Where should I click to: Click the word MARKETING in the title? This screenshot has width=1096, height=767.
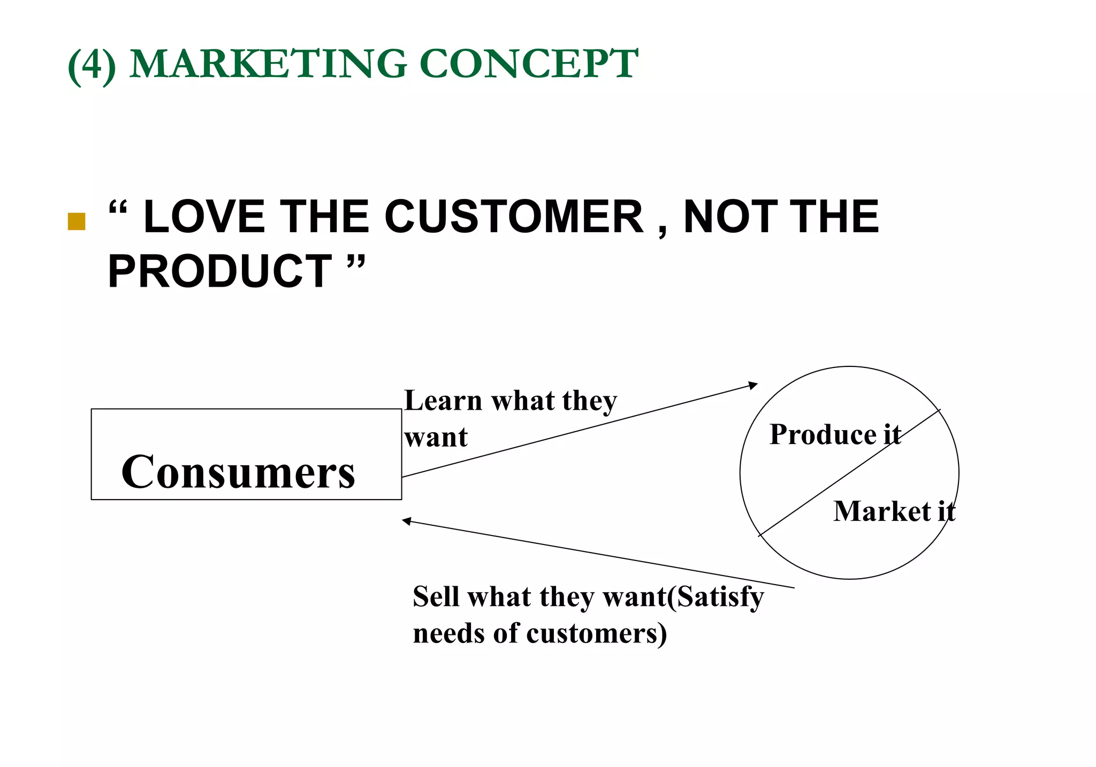click(x=268, y=64)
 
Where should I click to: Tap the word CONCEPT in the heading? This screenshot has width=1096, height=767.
click(x=529, y=64)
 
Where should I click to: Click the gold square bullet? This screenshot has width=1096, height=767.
click(x=77, y=221)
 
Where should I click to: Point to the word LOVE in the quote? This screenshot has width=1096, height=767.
click(x=204, y=217)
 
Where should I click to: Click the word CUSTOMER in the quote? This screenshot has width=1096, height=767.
click(x=514, y=217)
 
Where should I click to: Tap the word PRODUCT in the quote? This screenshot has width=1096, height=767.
click(x=219, y=271)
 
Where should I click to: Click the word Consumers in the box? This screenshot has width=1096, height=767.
click(x=238, y=472)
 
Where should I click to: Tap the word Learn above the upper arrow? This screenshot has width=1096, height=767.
click(x=443, y=401)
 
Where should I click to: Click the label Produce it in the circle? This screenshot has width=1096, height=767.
click(x=835, y=434)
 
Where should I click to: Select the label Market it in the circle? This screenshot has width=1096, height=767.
click(x=894, y=511)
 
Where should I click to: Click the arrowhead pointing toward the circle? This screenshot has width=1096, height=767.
click(x=753, y=385)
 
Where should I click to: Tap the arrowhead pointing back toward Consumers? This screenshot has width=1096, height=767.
click(x=407, y=520)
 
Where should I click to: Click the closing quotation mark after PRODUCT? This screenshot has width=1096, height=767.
click(x=356, y=263)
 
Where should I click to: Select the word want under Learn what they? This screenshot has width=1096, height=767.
click(x=436, y=438)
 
